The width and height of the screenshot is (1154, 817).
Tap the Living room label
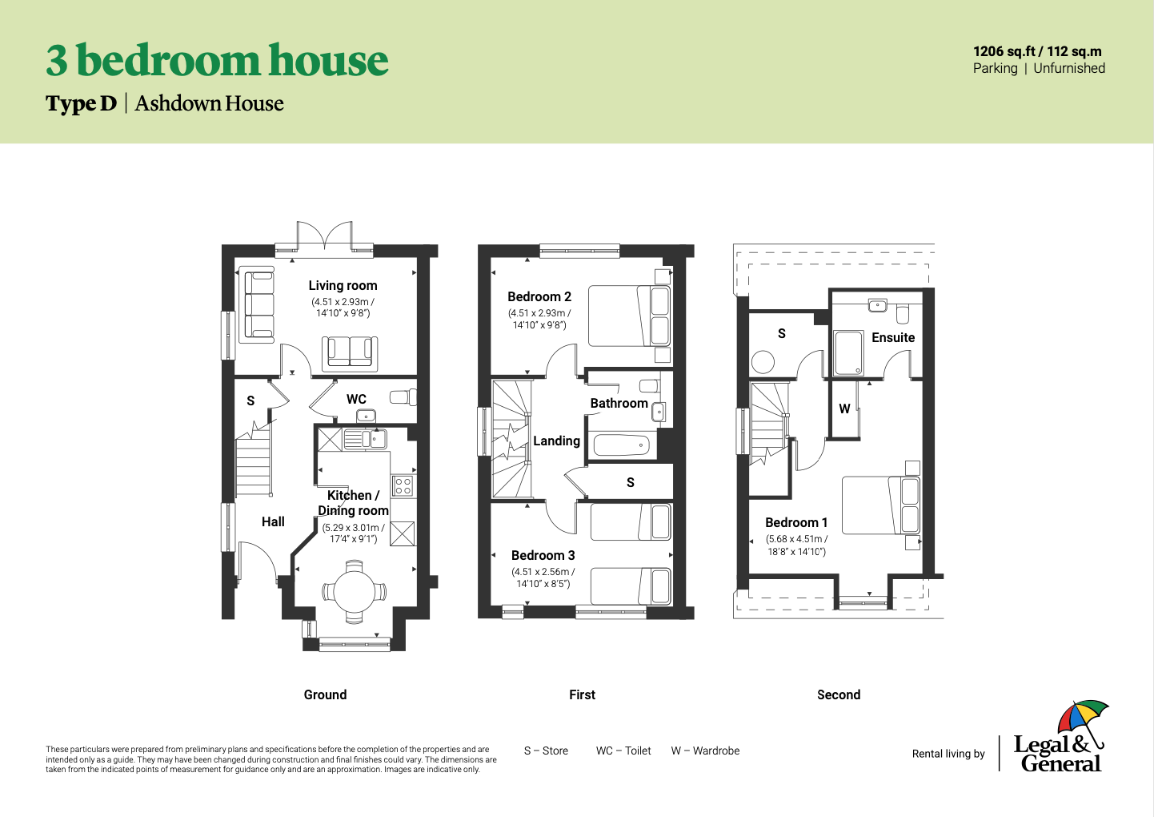(343, 286)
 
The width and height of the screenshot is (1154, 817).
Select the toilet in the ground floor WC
(403, 397)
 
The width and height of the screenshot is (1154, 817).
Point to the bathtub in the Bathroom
(622, 445)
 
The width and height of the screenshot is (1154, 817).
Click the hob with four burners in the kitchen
(403, 485)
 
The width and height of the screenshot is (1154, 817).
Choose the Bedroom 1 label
(796, 522)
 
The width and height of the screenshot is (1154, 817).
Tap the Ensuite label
(893, 337)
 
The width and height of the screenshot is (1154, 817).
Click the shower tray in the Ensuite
(848, 353)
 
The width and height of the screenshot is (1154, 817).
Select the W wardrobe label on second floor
(843, 408)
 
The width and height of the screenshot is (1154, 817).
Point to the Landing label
(556, 441)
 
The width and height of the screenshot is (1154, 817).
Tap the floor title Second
(838, 694)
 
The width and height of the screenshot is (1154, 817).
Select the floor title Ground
(325, 694)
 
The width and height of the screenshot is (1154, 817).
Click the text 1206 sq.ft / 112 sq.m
(1037, 51)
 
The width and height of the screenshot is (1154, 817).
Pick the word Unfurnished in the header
(1069, 68)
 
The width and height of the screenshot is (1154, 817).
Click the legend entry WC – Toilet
(623, 751)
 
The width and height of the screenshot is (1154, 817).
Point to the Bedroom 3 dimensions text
(543, 578)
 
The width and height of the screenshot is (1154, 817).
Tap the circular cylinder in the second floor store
(763, 362)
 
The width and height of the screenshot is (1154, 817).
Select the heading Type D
(82, 103)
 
